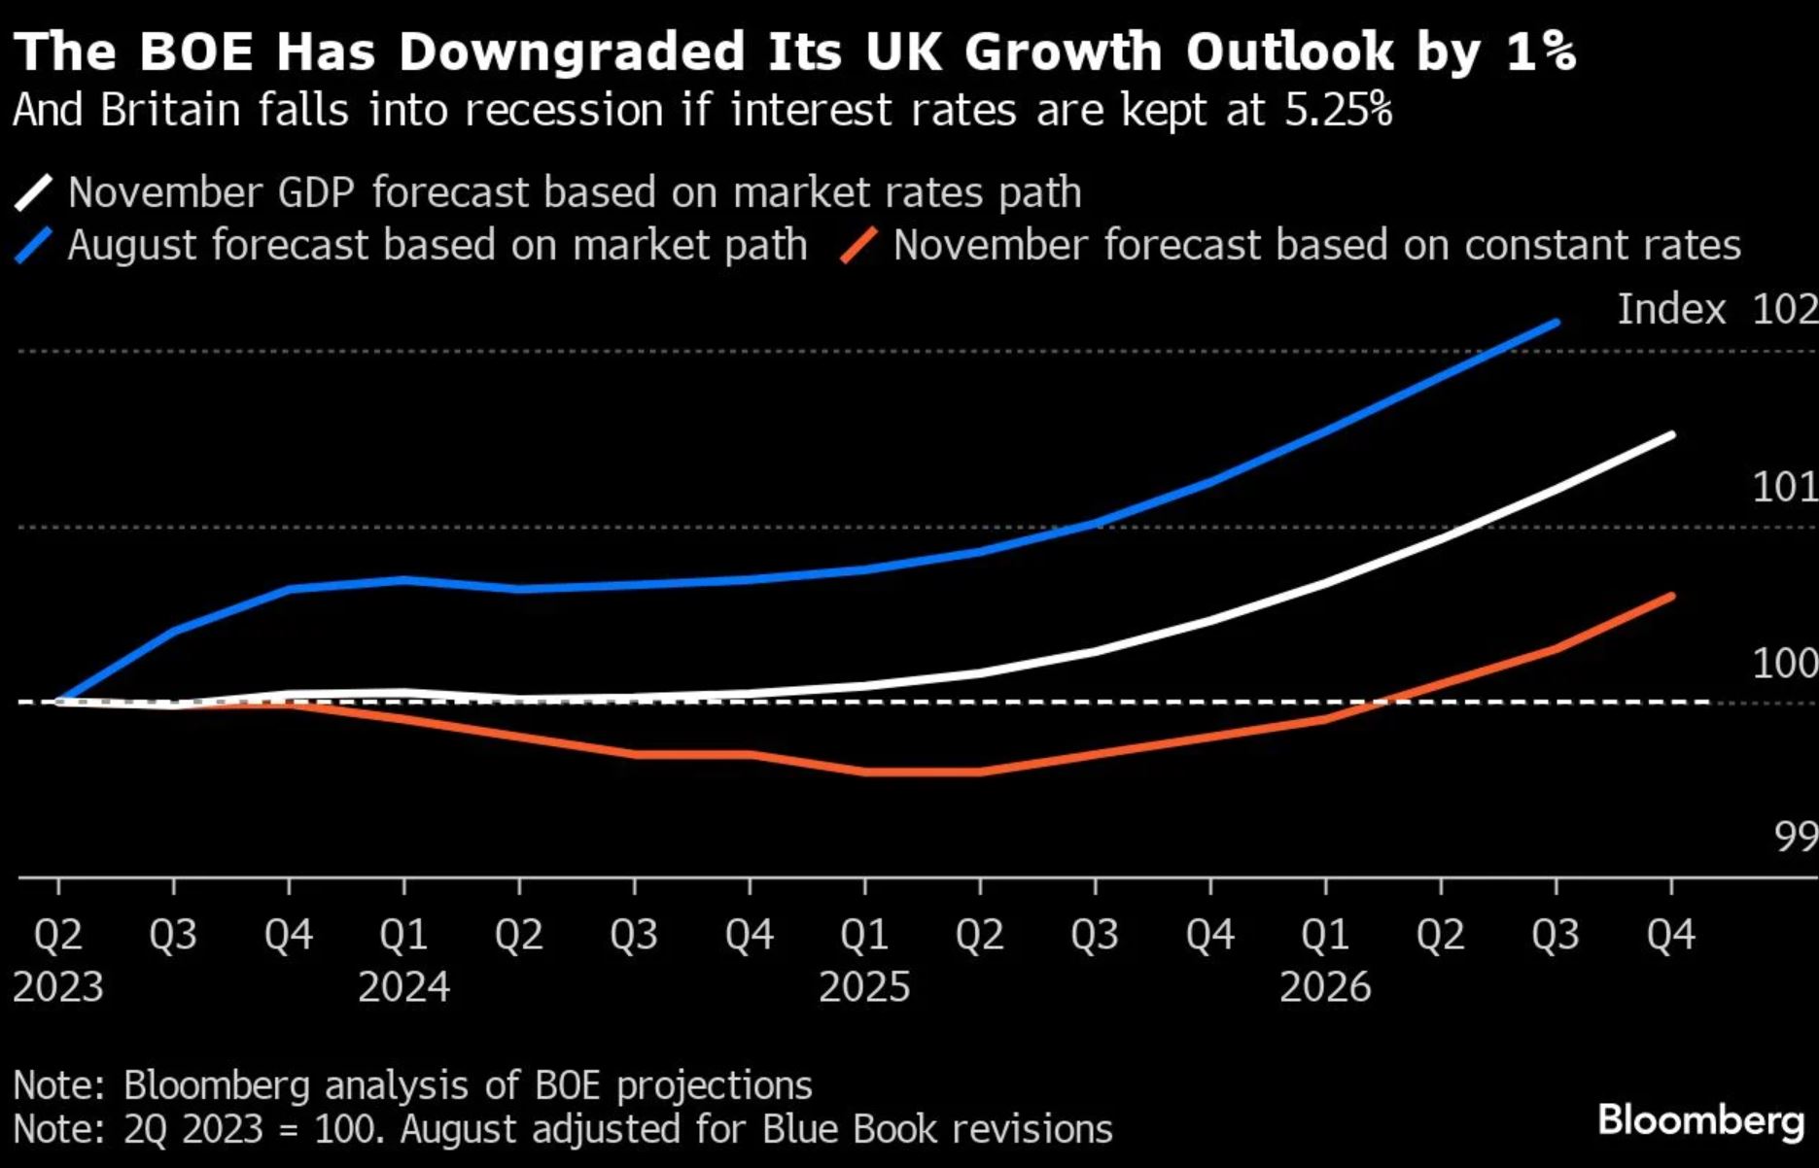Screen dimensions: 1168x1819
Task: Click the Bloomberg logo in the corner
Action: [1699, 1120]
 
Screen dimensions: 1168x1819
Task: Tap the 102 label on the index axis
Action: [1784, 310]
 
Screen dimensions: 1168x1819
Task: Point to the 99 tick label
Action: [1795, 837]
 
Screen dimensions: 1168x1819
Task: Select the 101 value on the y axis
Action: [1784, 487]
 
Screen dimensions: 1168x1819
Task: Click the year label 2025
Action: [864, 987]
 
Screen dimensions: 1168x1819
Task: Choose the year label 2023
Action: [58, 987]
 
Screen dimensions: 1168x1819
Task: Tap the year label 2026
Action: [1325, 987]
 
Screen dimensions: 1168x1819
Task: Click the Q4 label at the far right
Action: [1670, 935]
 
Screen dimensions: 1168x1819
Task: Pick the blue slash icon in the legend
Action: [33, 246]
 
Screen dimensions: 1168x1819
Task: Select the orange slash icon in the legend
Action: [859, 246]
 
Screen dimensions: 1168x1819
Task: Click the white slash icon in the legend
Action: [33, 192]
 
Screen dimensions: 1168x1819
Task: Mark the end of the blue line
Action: [1557, 323]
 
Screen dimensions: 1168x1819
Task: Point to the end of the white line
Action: [1671, 434]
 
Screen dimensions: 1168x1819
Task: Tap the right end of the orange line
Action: [1671, 596]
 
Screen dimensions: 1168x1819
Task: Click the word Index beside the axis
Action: [1671, 310]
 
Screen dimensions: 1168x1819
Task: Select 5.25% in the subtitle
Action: [1338, 110]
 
